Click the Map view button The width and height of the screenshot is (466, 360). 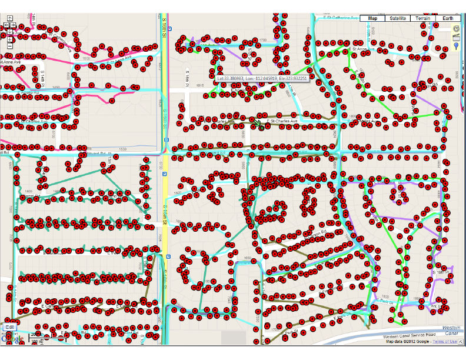pyautogui.click(x=372, y=18)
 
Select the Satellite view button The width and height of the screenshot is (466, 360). pyautogui.click(x=397, y=18)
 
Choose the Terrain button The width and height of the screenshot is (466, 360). pyautogui.click(x=424, y=18)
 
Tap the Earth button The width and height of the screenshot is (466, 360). pyautogui.click(x=449, y=18)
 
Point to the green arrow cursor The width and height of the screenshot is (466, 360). pyautogui.click(x=257, y=124)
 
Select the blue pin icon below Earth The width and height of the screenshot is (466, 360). pyautogui.click(x=456, y=38)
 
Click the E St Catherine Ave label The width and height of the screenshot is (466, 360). pyautogui.click(x=341, y=18)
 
